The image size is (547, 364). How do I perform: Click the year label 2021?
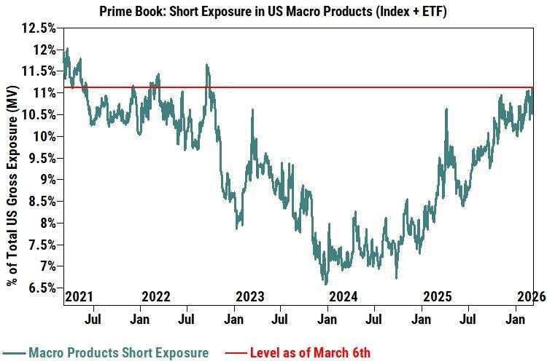[79, 297]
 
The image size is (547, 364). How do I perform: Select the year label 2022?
[155, 297]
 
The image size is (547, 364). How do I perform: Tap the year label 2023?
[249, 297]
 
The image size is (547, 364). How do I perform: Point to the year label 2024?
[343, 297]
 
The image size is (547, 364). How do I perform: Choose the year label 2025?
[437, 297]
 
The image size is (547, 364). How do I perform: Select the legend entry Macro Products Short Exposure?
[118, 353]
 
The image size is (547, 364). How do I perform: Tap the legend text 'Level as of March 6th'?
[310, 353]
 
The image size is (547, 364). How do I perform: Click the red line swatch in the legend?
[233, 353]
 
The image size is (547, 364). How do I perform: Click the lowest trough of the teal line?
[325, 284]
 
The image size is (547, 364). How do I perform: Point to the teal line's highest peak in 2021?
[67, 49]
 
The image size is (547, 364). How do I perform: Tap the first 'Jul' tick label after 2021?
[93, 319]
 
